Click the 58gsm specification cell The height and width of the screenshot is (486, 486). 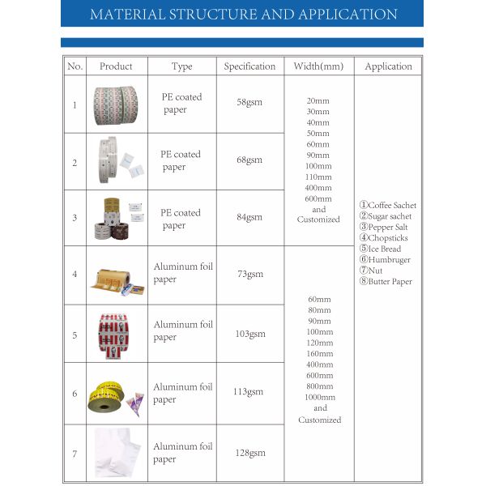click(249, 104)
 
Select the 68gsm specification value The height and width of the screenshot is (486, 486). click(249, 161)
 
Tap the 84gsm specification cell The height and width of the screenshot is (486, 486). click(249, 217)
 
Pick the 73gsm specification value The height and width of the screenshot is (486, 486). click(249, 275)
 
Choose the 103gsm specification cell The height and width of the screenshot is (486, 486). click(249, 333)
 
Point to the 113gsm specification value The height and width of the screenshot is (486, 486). click(249, 392)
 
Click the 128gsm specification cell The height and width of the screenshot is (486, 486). click(249, 453)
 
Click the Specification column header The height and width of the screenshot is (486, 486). click(249, 66)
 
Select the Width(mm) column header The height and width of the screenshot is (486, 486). click(318, 66)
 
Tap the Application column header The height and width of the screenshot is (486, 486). click(388, 66)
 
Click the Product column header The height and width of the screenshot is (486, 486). click(116, 66)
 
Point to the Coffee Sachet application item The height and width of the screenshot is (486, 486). click(387, 206)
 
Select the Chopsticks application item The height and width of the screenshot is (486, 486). click(383, 238)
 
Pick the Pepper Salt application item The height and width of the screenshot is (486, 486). click(383, 228)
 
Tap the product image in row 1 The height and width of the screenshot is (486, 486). click(116, 104)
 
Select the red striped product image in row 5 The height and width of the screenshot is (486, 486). click(115, 333)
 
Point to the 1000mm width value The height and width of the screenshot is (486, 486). click(320, 397)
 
